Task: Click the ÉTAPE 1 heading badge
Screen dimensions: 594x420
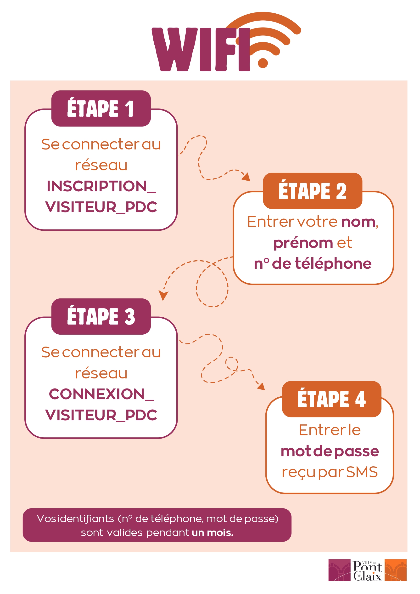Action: pos(101,109)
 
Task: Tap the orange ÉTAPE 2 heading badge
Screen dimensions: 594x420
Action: pos(312,191)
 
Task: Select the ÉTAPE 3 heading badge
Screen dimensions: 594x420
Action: pos(101,316)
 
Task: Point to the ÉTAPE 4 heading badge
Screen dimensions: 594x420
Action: pos(331,399)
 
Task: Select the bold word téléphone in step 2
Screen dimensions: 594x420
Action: pos(333,264)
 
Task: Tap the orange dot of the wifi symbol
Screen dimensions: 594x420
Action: pos(263,63)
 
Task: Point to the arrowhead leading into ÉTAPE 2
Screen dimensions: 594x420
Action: pos(246,177)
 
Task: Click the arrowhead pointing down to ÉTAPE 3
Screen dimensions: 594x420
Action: pos(163,295)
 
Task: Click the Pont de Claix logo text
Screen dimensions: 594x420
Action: pos(367,571)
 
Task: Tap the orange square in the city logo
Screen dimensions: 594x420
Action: pos(395,570)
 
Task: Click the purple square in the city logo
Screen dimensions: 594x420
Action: pos(339,570)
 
